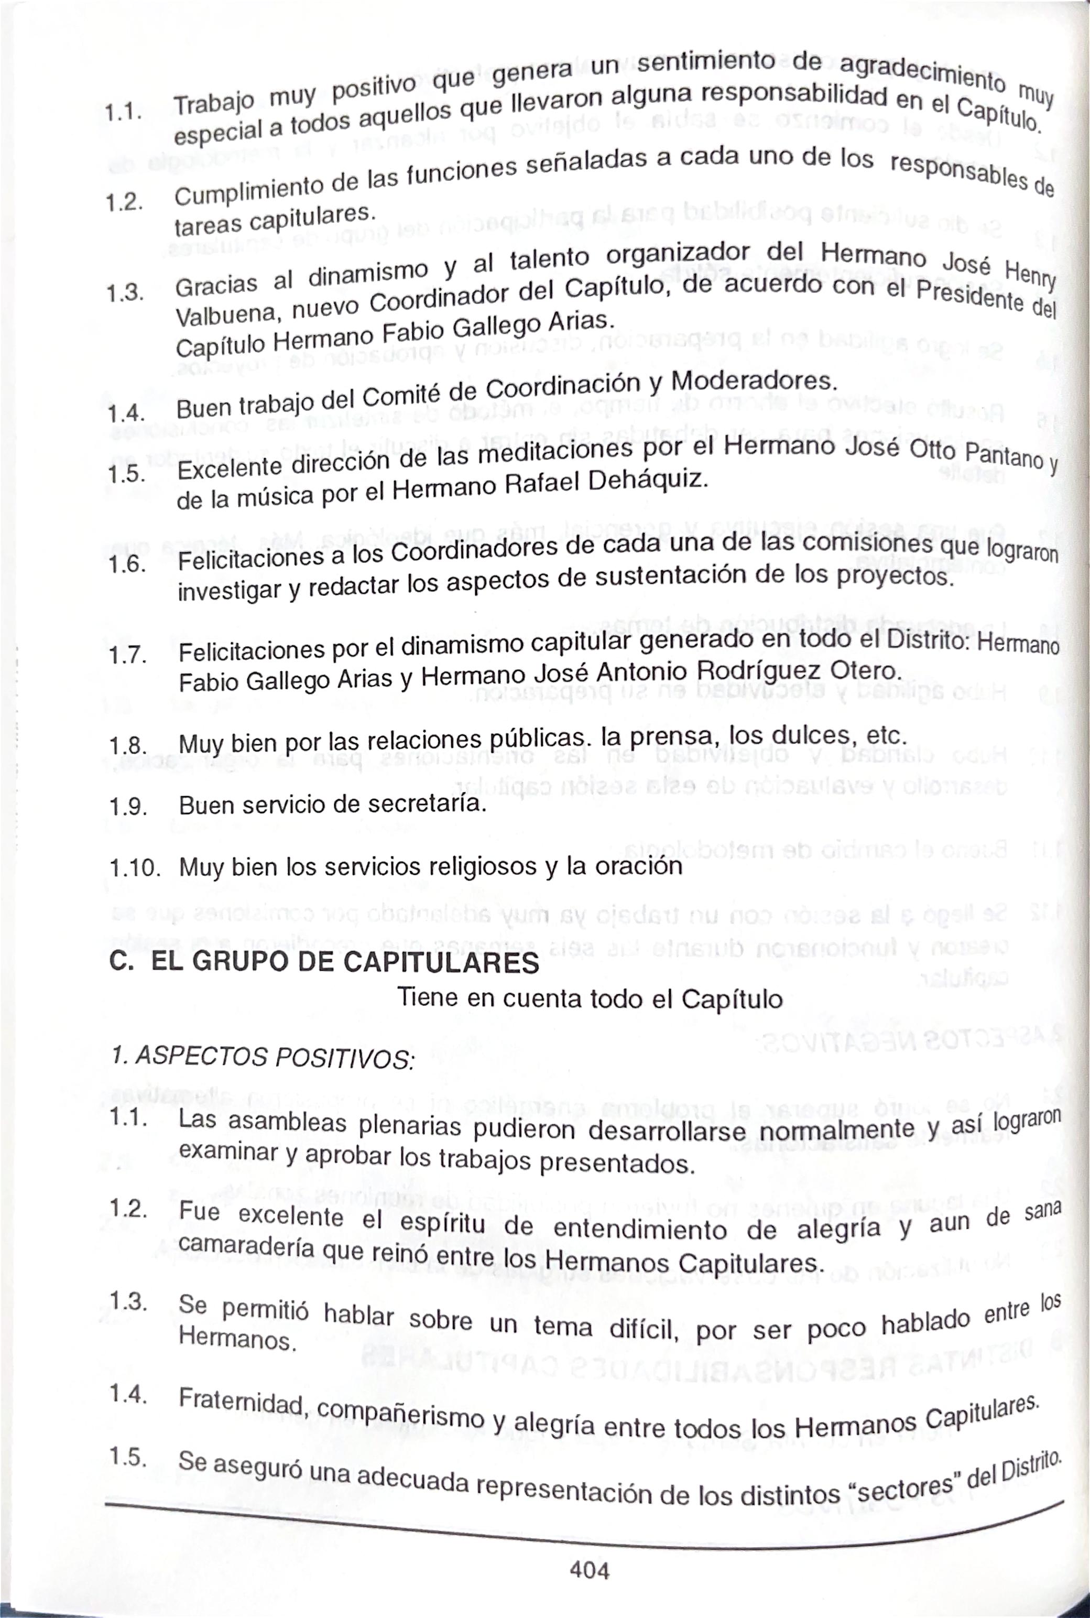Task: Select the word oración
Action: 639,866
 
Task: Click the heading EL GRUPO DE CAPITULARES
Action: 345,962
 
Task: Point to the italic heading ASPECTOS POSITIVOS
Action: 275,1058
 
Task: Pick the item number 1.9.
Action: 128,807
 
